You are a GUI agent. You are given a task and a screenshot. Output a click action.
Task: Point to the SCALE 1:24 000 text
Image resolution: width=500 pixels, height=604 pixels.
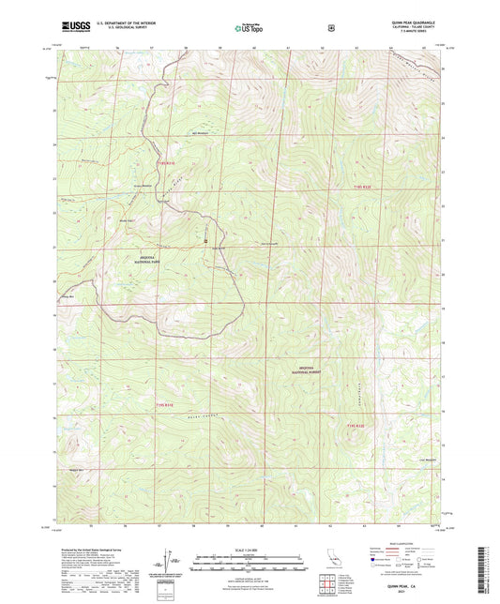[249, 549]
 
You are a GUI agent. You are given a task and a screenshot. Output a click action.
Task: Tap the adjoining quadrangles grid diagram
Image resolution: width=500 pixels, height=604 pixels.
[331, 586]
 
